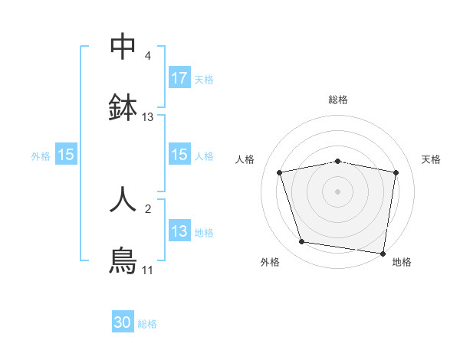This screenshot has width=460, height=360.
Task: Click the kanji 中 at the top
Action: pyautogui.click(x=123, y=47)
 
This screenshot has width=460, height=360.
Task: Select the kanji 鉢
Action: pyautogui.click(x=123, y=107)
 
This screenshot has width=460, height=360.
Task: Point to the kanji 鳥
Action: pyautogui.click(x=123, y=260)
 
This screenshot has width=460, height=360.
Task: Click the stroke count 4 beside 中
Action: pyautogui.click(x=148, y=56)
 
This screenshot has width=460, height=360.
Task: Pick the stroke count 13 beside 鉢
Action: pyautogui.click(x=148, y=117)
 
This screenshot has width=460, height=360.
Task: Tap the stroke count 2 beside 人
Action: pyautogui.click(x=148, y=208)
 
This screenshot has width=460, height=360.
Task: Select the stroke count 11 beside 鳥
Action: pyautogui.click(x=148, y=270)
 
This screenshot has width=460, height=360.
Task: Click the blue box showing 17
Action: pyautogui.click(x=179, y=78)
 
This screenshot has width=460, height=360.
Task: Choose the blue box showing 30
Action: pyautogui.click(x=123, y=323)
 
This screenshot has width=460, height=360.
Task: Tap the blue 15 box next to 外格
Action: pyautogui.click(x=66, y=155)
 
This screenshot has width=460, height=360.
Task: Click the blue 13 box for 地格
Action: pyautogui.click(x=179, y=231)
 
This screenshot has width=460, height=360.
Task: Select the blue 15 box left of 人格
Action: pyautogui.click(x=179, y=155)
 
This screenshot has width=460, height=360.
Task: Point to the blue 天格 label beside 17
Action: pyautogui.click(x=204, y=79)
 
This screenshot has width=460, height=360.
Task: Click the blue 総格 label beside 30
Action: pyautogui.click(x=147, y=324)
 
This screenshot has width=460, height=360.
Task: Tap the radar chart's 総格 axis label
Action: pyautogui.click(x=338, y=100)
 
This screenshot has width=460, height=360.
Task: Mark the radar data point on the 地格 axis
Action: pyautogui.click(x=383, y=253)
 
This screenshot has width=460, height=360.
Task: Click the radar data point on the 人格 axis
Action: pyautogui.click(x=280, y=172)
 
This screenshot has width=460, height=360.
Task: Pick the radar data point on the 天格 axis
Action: pyautogui.click(x=396, y=172)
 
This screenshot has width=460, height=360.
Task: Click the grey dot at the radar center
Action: pyautogui.click(x=338, y=191)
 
